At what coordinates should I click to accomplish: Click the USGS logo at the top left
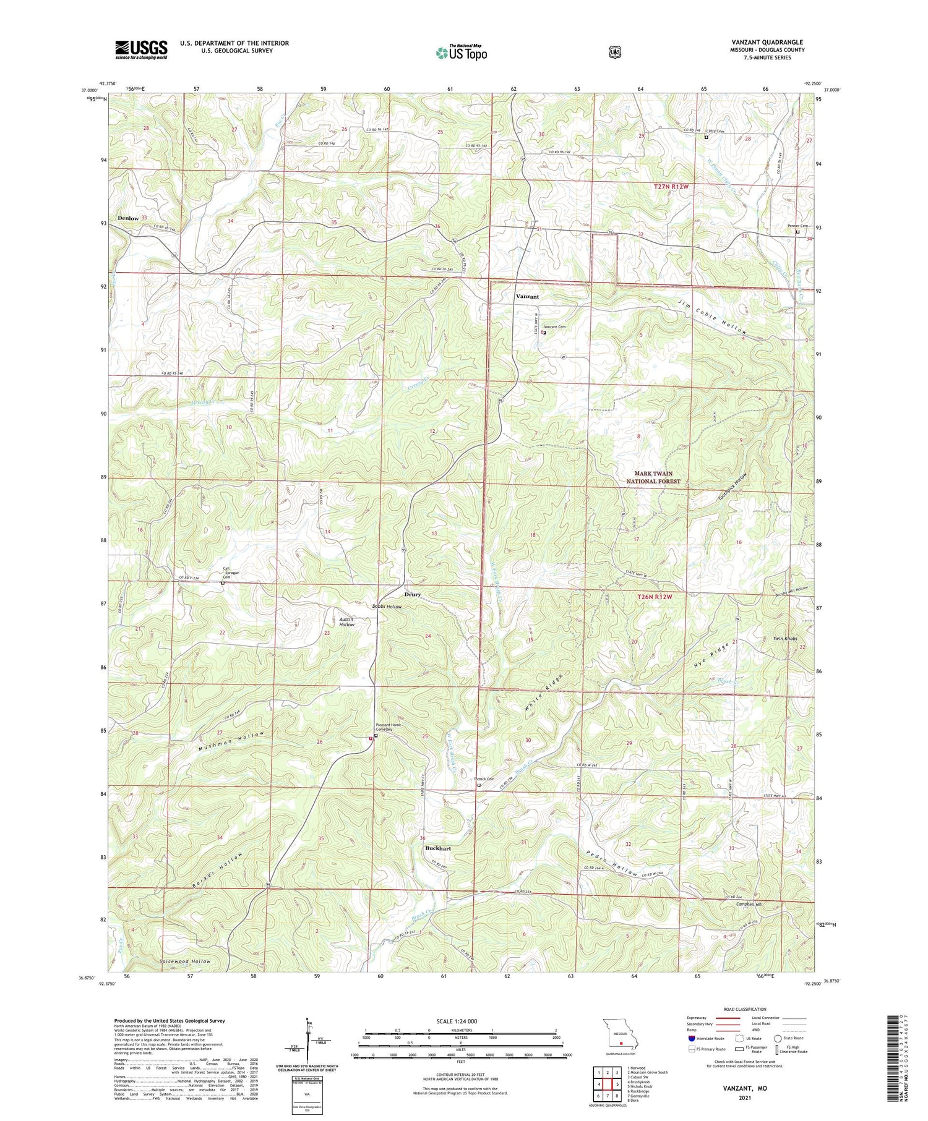[141, 49]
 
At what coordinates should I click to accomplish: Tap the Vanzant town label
[527, 297]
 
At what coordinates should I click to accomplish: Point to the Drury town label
[413, 594]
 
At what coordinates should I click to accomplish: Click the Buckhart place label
[438, 848]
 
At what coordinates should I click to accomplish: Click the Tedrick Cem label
[484, 779]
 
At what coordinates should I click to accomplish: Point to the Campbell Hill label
[750, 905]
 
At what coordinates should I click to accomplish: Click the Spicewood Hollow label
[186, 961]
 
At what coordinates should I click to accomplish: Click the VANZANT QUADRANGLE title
[767, 42]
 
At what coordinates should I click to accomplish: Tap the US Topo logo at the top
[461, 53]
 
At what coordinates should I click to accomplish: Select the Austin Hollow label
[346, 621]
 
